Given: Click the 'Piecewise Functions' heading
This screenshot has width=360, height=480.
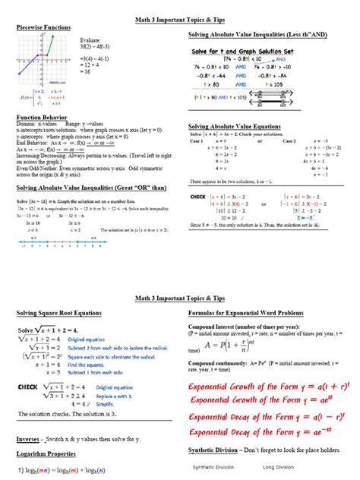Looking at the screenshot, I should point(43,27).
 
